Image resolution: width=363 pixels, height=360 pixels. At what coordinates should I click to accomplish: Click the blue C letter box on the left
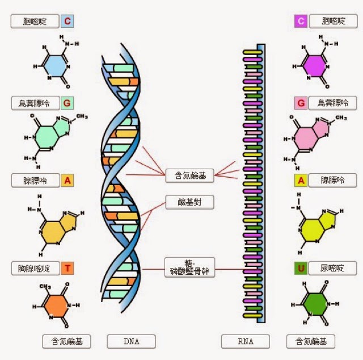(67, 22)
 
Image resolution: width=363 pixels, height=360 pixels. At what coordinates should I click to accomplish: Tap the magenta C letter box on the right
(301, 22)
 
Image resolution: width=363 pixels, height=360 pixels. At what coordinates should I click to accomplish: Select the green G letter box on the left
(67, 103)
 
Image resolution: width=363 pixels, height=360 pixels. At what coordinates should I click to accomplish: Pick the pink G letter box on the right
(301, 103)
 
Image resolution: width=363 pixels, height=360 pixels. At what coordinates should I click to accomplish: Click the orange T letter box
(67, 268)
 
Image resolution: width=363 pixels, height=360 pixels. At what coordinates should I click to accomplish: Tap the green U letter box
(301, 268)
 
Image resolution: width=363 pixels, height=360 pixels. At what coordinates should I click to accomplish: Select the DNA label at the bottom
(131, 341)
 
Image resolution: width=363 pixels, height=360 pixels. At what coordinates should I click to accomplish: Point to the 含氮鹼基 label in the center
(189, 176)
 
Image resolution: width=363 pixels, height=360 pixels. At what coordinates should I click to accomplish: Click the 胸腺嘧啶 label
(35, 268)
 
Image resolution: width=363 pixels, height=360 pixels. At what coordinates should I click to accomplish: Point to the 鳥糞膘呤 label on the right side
(333, 103)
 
